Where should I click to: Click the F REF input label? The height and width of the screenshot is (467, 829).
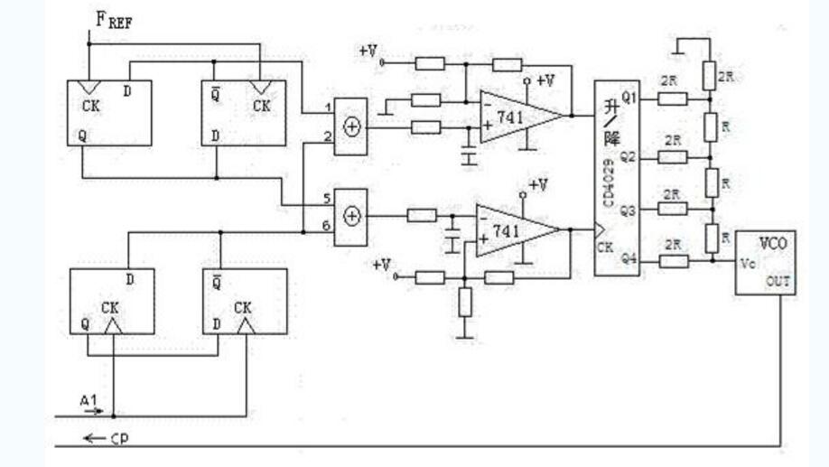point(113,19)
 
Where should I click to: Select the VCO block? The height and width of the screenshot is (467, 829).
point(764,262)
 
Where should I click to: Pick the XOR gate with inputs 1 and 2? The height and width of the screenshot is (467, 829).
point(351,126)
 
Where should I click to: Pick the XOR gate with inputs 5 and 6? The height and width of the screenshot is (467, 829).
point(351,216)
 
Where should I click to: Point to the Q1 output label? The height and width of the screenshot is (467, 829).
point(629,98)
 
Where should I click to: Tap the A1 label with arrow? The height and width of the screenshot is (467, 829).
point(88,400)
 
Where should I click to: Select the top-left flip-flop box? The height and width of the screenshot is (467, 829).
point(109,112)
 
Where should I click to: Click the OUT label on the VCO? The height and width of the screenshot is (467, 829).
point(778,282)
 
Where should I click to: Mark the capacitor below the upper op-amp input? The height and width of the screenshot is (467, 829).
point(468,157)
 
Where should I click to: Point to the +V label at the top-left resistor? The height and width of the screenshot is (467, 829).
point(368,52)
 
